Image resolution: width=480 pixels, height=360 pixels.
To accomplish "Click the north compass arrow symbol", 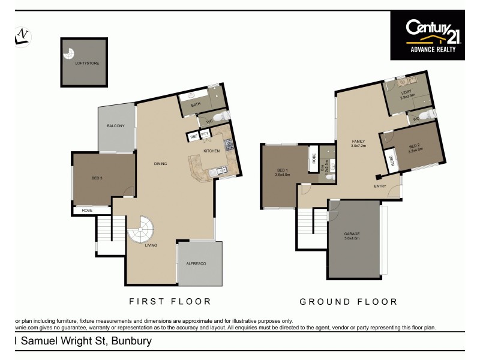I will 23,36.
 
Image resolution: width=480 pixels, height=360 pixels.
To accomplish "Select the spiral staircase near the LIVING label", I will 140,230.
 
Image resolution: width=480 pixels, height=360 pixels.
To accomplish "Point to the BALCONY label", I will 116,125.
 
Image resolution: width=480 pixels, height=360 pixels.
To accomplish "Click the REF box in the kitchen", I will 193,137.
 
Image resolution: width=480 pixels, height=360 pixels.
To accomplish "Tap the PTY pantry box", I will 205,134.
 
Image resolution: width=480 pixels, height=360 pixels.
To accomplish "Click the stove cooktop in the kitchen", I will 229,144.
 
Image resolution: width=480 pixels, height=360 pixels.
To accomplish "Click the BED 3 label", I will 97,178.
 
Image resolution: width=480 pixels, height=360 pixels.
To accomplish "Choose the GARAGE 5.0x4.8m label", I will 352,236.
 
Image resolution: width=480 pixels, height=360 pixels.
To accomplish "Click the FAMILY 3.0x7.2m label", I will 358,143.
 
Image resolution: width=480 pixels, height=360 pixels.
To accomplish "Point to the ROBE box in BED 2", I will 393,161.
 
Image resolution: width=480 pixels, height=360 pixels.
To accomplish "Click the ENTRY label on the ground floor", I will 380,186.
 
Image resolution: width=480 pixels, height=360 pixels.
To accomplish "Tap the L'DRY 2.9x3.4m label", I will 409,94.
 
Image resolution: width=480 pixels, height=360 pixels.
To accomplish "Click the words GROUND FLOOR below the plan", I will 348,302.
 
